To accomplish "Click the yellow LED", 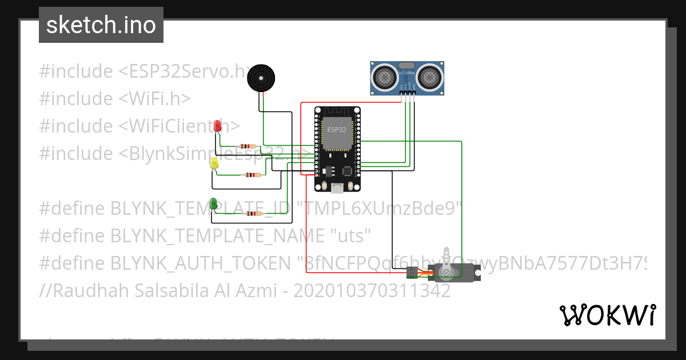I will coord(214,163).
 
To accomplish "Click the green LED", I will coord(213,203).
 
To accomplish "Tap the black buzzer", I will coord(261,78).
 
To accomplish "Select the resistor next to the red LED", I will coord(248,146).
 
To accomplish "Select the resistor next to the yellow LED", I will coord(252,175).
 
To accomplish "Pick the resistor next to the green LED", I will coord(252,214).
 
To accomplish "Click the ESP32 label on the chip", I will coord(336,130).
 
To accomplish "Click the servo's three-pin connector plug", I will coord(412,273).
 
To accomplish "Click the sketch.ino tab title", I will coord(101,25).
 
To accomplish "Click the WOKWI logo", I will coord(607,315).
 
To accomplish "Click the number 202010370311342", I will coord(372,291).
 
